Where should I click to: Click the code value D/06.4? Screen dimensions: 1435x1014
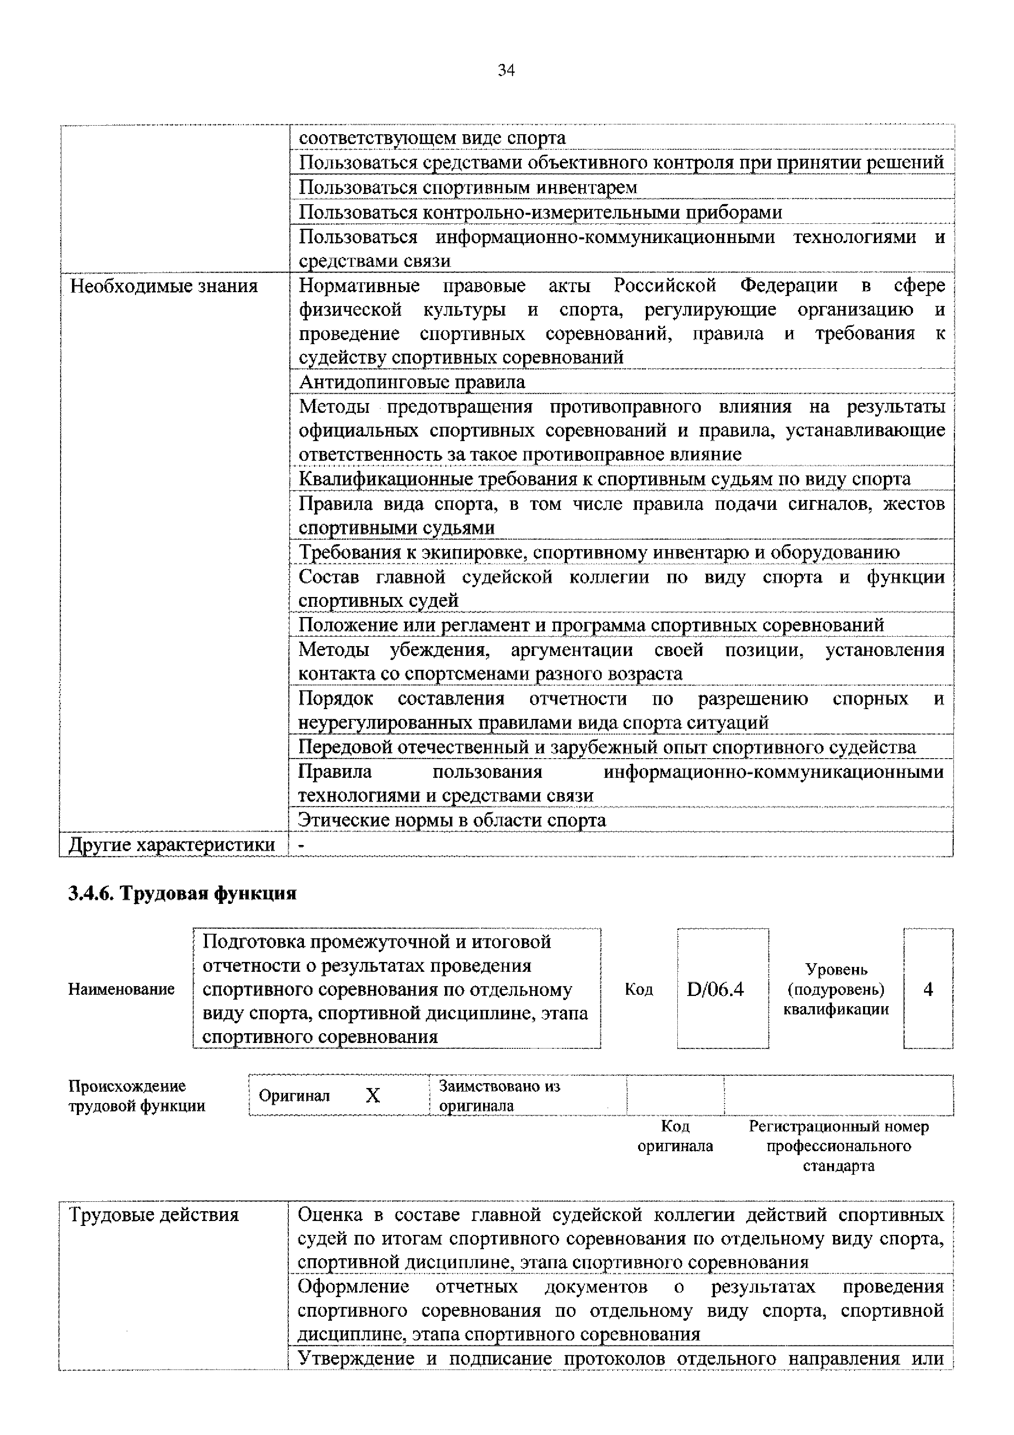click(715, 989)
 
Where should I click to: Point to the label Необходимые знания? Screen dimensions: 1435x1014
click(164, 286)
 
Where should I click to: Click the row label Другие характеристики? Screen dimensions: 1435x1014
click(172, 845)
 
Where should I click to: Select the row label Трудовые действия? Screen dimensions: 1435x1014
click(154, 1214)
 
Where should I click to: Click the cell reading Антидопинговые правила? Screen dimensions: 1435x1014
click(412, 382)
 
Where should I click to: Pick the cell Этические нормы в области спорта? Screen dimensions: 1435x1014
click(452, 820)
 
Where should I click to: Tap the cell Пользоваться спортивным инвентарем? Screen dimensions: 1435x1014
click(468, 187)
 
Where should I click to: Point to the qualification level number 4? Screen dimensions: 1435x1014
click(928, 989)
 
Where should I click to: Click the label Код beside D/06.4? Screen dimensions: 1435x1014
click(639, 989)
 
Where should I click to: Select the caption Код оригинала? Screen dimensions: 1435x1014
click(675, 1136)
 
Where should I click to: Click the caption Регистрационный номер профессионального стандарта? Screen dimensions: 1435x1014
click(839, 1146)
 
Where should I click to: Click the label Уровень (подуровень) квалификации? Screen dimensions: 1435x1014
click(836, 989)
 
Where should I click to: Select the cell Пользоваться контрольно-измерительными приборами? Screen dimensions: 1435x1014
click(540, 212)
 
